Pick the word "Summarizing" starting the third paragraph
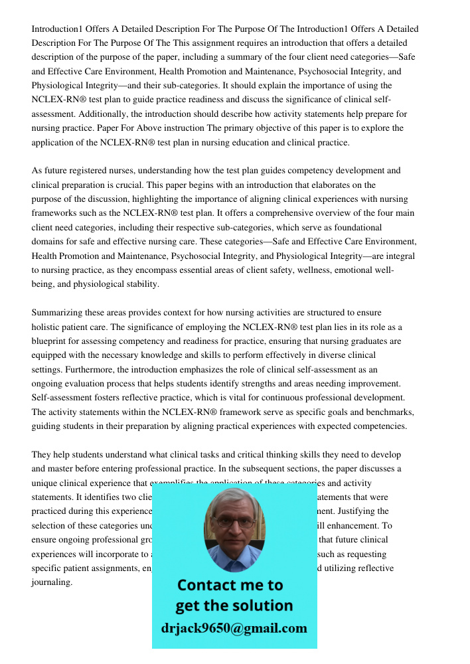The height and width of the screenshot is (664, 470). tap(58, 313)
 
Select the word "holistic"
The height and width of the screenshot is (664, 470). tap(46, 327)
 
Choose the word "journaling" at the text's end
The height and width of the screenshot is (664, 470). tap(52, 582)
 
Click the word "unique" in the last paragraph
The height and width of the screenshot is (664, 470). tap(45, 483)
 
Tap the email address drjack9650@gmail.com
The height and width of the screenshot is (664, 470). tap(234, 628)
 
